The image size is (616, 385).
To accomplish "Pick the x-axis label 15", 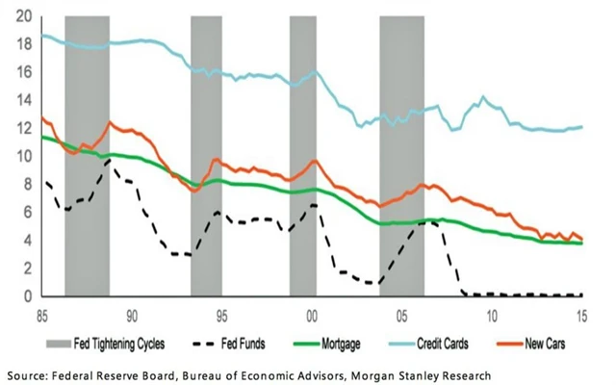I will pyautogui.click(x=581, y=315).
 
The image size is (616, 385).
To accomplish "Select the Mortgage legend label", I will pyautogui.click(x=378, y=342).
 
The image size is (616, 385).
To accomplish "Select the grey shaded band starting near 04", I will pyautogui.click(x=401, y=154).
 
